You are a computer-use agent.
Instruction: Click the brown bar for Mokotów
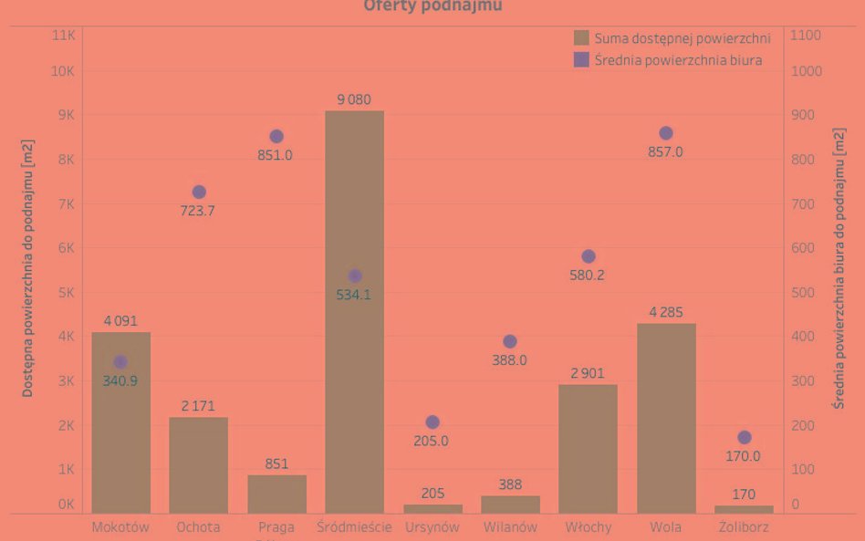click(120, 438)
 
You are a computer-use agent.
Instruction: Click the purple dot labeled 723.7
click(199, 192)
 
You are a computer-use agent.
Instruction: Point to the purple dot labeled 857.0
click(666, 133)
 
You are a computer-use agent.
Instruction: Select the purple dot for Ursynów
click(432, 422)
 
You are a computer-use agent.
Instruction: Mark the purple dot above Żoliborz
click(744, 438)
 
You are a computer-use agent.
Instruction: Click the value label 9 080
click(354, 99)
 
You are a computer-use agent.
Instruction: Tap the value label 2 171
click(198, 406)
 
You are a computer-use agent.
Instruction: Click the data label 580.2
click(587, 275)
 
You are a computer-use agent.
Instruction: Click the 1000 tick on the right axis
click(807, 71)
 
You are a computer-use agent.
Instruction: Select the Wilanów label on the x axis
click(510, 527)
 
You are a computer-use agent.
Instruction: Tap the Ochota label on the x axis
click(198, 527)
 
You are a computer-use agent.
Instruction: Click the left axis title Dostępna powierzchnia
click(28, 270)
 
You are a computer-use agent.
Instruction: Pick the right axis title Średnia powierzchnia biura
click(839, 269)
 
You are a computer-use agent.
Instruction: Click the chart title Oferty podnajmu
click(432, 6)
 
